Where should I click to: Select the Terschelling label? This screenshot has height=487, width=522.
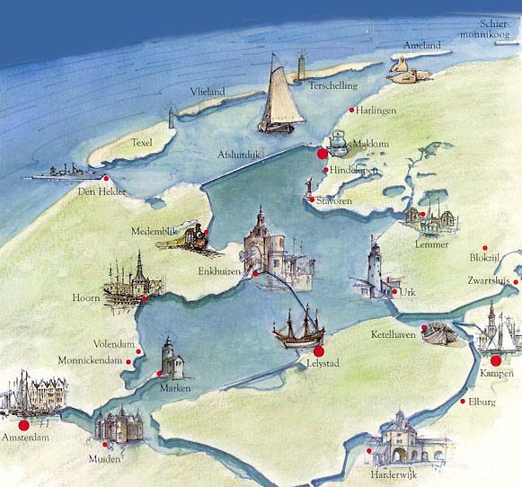point(333,86)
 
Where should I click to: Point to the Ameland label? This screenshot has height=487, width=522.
point(421,45)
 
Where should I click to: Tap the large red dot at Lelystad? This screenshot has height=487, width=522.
point(318,351)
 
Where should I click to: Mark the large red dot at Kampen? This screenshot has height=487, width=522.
point(495,360)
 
